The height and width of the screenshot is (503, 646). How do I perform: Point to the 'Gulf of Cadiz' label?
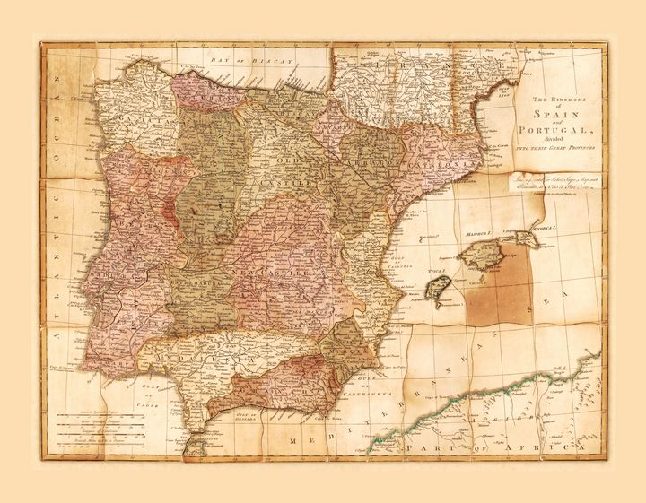pyautogui.click(x=146, y=393)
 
